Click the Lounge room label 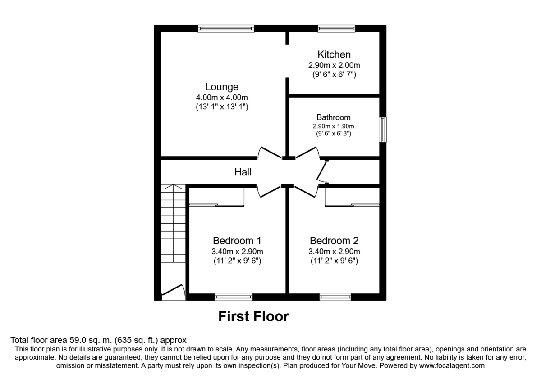tap(222, 87)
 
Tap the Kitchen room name tap(334, 54)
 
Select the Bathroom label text tap(334, 117)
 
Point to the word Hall tap(243, 172)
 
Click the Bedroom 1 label tap(237, 241)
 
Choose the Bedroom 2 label tap(334, 241)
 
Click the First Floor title tap(253, 316)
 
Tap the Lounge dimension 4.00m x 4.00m tap(222, 98)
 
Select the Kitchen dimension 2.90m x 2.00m tap(334, 65)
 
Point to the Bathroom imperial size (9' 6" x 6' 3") tap(334, 133)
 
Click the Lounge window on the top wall tap(226, 29)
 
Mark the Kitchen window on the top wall tap(336, 29)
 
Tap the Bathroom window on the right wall tap(383, 130)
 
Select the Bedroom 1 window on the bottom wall tap(234, 297)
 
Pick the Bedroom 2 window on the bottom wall tap(335, 297)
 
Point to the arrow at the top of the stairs tap(173, 187)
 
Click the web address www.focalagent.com tap(452, 365)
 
